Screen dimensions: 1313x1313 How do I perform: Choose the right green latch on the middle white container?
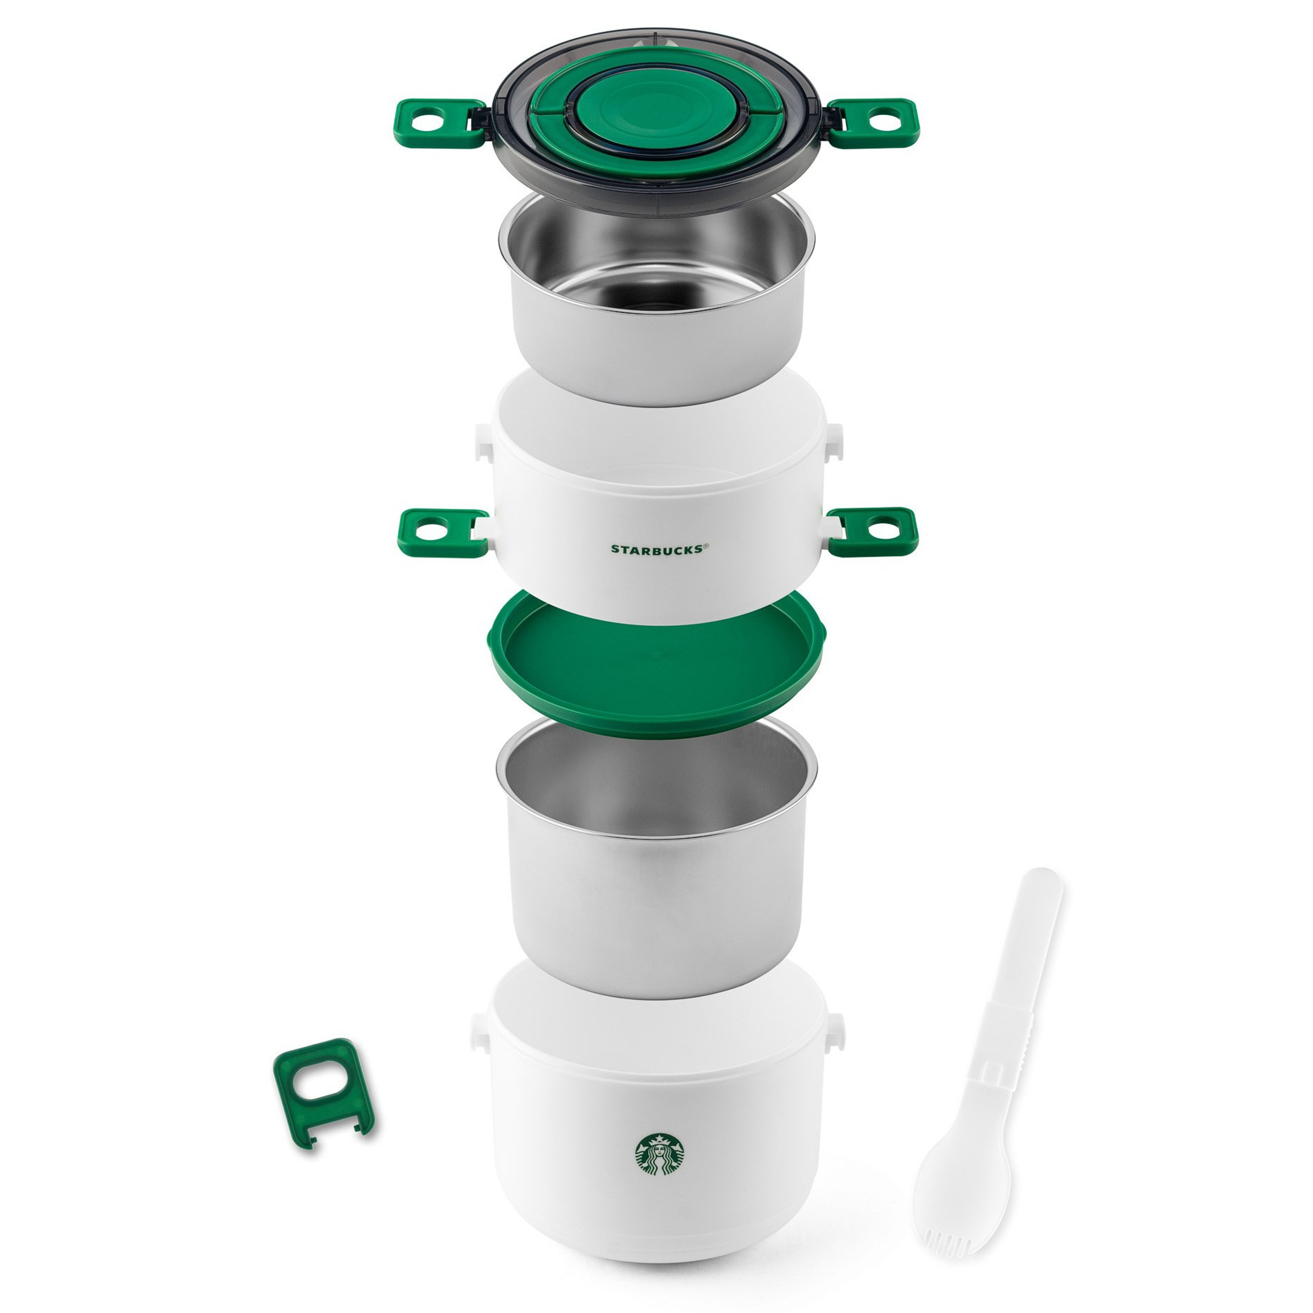pyautogui.click(x=871, y=531)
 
